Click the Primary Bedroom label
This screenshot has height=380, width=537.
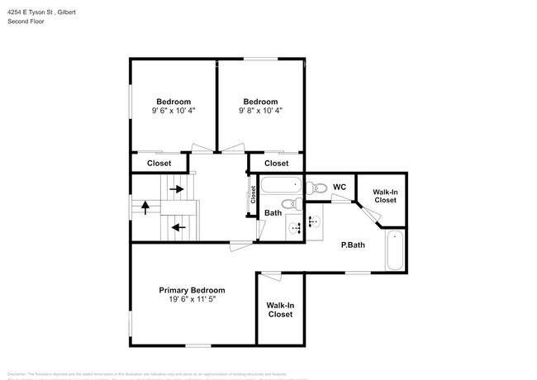(192, 290)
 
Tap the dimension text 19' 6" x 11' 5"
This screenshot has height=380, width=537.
(192, 301)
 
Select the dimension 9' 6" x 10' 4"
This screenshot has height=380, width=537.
(173, 110)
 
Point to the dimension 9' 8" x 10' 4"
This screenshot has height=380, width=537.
(260, 110)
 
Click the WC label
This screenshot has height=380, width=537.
(339, 187)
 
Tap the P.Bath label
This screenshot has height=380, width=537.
(354, 245)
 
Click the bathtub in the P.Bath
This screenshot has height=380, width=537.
(394, 251)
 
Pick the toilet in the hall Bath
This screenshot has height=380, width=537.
(288, 204)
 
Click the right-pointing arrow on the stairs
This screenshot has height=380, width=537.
(177, 188)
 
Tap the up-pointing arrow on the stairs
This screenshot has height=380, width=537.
(146, 208)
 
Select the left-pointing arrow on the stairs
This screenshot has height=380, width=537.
(177, 226)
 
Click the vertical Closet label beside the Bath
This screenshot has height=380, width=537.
(254, 195)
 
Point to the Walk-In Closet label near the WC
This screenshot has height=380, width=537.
(385, 196)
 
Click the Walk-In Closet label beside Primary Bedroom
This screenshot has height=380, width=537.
(280, 310)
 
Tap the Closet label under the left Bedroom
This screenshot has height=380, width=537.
(159, 164)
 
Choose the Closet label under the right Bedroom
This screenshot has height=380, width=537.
(276, 164)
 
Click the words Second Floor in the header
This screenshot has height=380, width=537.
(26, 21)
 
